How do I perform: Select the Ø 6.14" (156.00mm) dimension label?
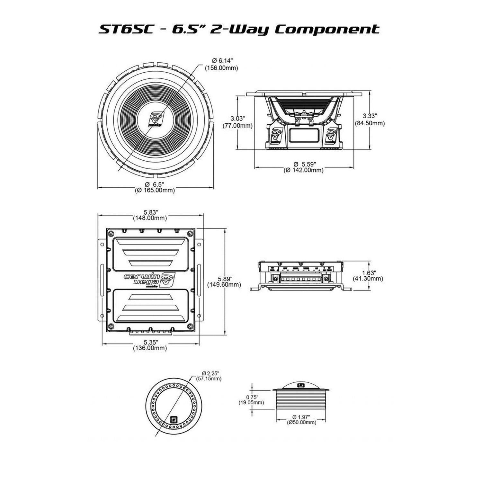(x=221, y=64)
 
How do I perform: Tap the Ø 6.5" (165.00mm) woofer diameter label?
(x=155, y=187)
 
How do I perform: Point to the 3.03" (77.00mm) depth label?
(x=237, y=122)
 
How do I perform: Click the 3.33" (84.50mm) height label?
(x=370, y=119)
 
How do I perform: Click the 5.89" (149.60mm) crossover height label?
(x=224, y=281)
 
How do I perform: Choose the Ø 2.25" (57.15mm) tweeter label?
(x=209, y=376)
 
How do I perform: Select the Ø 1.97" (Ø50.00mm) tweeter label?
(x=301, y=420)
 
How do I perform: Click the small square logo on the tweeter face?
(x=174, y=419)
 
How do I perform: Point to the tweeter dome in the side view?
(x=301, y=385)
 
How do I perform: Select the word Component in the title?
(x=327, y=29)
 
